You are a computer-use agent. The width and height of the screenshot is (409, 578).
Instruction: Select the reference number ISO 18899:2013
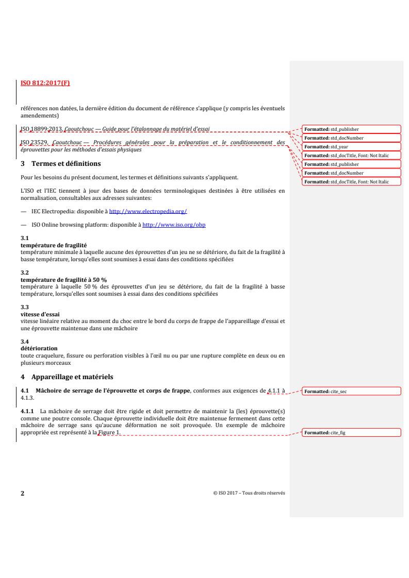(x=40, y=128)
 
